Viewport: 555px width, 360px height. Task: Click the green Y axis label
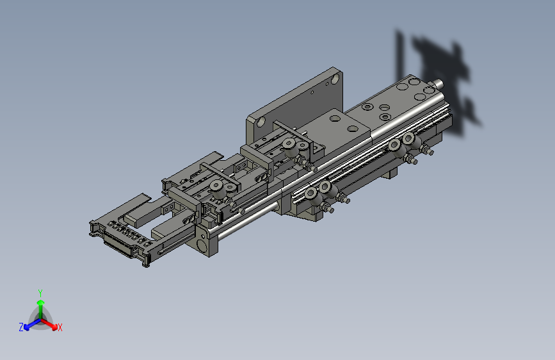click(x=40, y=293)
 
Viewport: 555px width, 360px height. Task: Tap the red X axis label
click(x=60, y=327)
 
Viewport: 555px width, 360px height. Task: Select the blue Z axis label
click(x=21, y=327)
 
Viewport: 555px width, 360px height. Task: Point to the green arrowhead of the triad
click(x=41, y=303)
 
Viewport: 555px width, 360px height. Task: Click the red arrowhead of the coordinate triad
click(x=54, y=326)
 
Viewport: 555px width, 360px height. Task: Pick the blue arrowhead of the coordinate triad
click(x=27, y=327)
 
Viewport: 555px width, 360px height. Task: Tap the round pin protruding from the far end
click(x=438, y=84)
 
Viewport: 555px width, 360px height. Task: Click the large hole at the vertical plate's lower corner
click(x=260, y=122)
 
